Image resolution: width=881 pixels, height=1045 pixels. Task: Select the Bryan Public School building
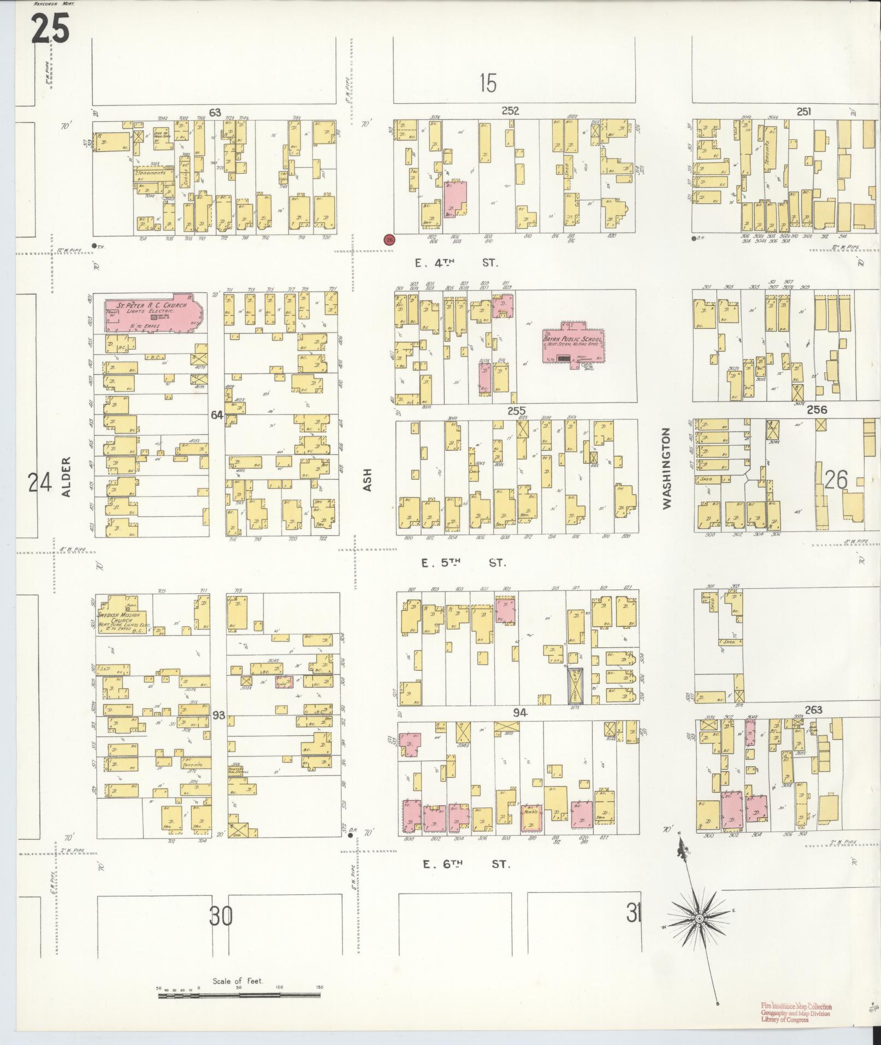pyautogui.click(x=572, y=345)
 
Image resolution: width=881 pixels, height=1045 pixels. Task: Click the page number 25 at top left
pyautogui.click(x=50, y=28)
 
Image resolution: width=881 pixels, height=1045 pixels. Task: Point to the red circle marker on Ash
pyautogui.click(x=389, y=239)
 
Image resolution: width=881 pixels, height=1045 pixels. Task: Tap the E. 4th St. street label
pyautogui.click(x=457, y=263)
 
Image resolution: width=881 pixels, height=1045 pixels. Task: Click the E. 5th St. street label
pyautogui.click(x=464, y=563)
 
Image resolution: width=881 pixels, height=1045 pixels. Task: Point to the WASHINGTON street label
pyautogui.click(x=666, y=468)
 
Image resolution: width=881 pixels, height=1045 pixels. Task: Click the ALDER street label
pyautogui.click(x=67, y=477)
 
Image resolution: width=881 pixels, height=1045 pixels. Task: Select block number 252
pyautogui.click(x=510, y=111)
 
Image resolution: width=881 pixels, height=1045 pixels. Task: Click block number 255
pyautogui.click(x=516, y=411)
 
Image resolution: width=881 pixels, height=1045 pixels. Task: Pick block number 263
pyautogui.click(x=813, y=710)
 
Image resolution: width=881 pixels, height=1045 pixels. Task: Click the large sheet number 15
pyautogui.click(x=488, y=83)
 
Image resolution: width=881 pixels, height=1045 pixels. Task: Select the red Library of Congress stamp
pyautogui.click(x=796, y=1009)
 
